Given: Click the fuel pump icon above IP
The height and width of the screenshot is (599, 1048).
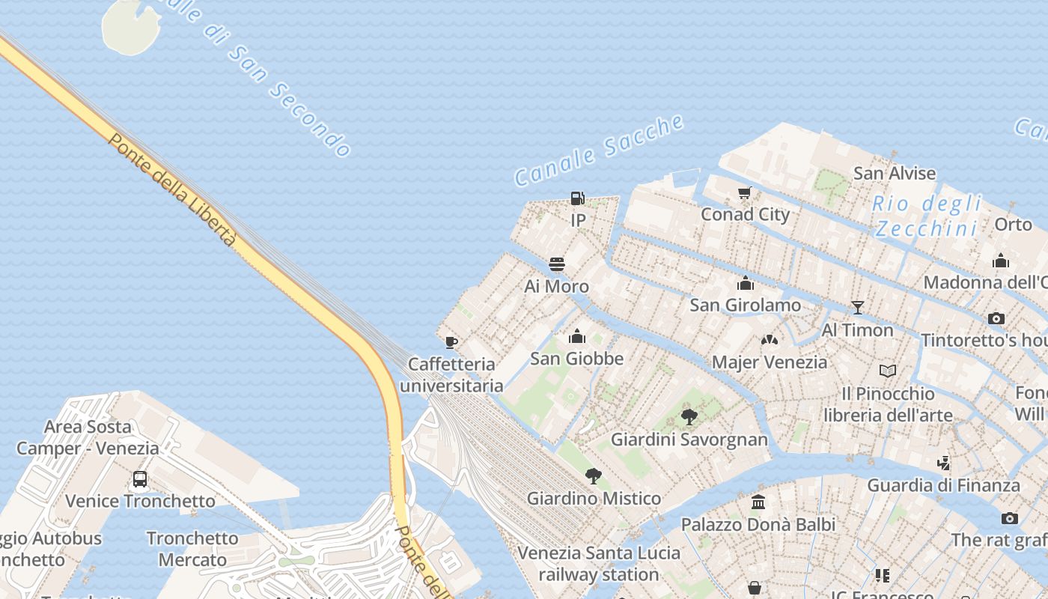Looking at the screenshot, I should [577, 198].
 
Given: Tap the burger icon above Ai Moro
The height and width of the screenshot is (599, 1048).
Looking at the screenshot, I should [556, 264].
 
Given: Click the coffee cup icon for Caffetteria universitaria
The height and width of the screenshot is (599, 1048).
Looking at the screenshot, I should [451, 342].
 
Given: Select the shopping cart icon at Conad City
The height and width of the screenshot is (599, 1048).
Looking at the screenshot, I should [744, 193].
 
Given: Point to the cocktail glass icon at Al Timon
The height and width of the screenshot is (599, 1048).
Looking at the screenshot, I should [857, 308].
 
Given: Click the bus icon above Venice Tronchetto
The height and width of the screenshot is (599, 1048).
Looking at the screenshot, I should [139, 479].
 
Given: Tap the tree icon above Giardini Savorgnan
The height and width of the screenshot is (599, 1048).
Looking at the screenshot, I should [689, 417].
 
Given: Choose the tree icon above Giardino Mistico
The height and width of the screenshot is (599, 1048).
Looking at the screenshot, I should [593, 475].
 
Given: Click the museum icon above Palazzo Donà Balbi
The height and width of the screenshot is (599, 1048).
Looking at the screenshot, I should [758, 502].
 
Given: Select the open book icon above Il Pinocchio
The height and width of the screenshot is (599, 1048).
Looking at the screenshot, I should [888, 371].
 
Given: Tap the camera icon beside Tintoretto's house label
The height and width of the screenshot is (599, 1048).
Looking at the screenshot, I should [996, 318].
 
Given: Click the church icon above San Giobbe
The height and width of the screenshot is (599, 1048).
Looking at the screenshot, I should [576, 336].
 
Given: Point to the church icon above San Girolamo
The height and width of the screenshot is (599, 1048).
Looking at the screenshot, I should [745, 283].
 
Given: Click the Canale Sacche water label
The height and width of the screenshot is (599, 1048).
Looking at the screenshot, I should [599, 150].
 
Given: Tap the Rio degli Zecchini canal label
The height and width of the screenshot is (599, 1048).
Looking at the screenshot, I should [927, 216].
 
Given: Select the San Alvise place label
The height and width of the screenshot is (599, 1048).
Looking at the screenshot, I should [895, 174].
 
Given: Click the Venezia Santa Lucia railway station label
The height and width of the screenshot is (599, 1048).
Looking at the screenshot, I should [599, 564].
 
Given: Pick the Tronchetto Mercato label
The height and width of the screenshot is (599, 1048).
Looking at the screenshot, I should [192, 549].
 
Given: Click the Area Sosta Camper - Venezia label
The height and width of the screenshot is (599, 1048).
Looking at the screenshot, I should [88, 438].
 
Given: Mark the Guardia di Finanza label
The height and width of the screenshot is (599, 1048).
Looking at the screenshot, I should [943, 485].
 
